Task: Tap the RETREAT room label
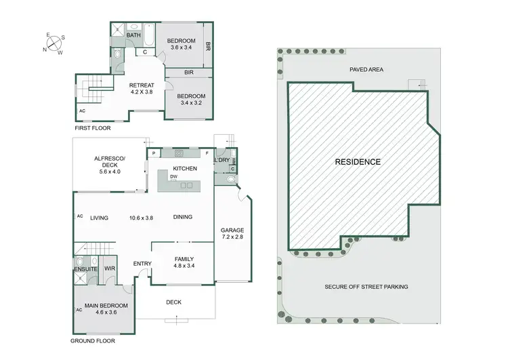(142, 85)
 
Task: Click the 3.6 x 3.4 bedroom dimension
(181, 48)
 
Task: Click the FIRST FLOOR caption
(93, 127)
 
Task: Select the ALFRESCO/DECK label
(110, 163)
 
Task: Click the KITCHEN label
(184, 167)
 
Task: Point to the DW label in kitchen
(174, 177)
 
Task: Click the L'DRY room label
(221, 159)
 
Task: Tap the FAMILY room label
(184, 259)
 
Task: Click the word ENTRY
(142, 264)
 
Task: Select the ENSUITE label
(86, 270)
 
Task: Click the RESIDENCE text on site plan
(358, 162)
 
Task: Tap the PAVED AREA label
(368, 69)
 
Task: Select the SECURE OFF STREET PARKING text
(366, 287)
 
